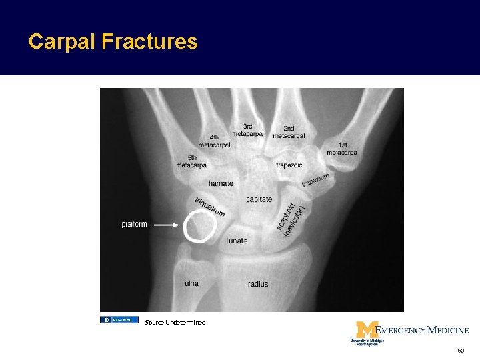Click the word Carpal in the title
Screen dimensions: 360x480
coord(62,42)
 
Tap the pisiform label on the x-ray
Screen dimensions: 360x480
coord(134,224)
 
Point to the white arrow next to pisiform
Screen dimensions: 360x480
coord(167,225)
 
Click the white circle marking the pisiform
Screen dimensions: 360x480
coord(199,225)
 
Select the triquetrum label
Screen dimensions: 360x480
coord(209,206)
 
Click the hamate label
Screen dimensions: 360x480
coord(221,183)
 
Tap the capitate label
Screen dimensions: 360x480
coord(259,199)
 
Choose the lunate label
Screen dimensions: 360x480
coord(237,241)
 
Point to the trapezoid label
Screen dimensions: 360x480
coord(289,165)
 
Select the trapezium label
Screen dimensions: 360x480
coord(315,179)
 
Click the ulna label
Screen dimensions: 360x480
coord(191,283)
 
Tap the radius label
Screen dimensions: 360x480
coord(258,284)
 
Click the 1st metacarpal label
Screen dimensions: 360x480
coord(342,149)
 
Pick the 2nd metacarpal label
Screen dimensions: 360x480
coord(289,132)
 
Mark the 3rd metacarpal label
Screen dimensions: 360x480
coord(248,130)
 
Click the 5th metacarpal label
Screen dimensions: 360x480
coord(191,161)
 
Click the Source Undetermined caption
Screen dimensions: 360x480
coord(175,323)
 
